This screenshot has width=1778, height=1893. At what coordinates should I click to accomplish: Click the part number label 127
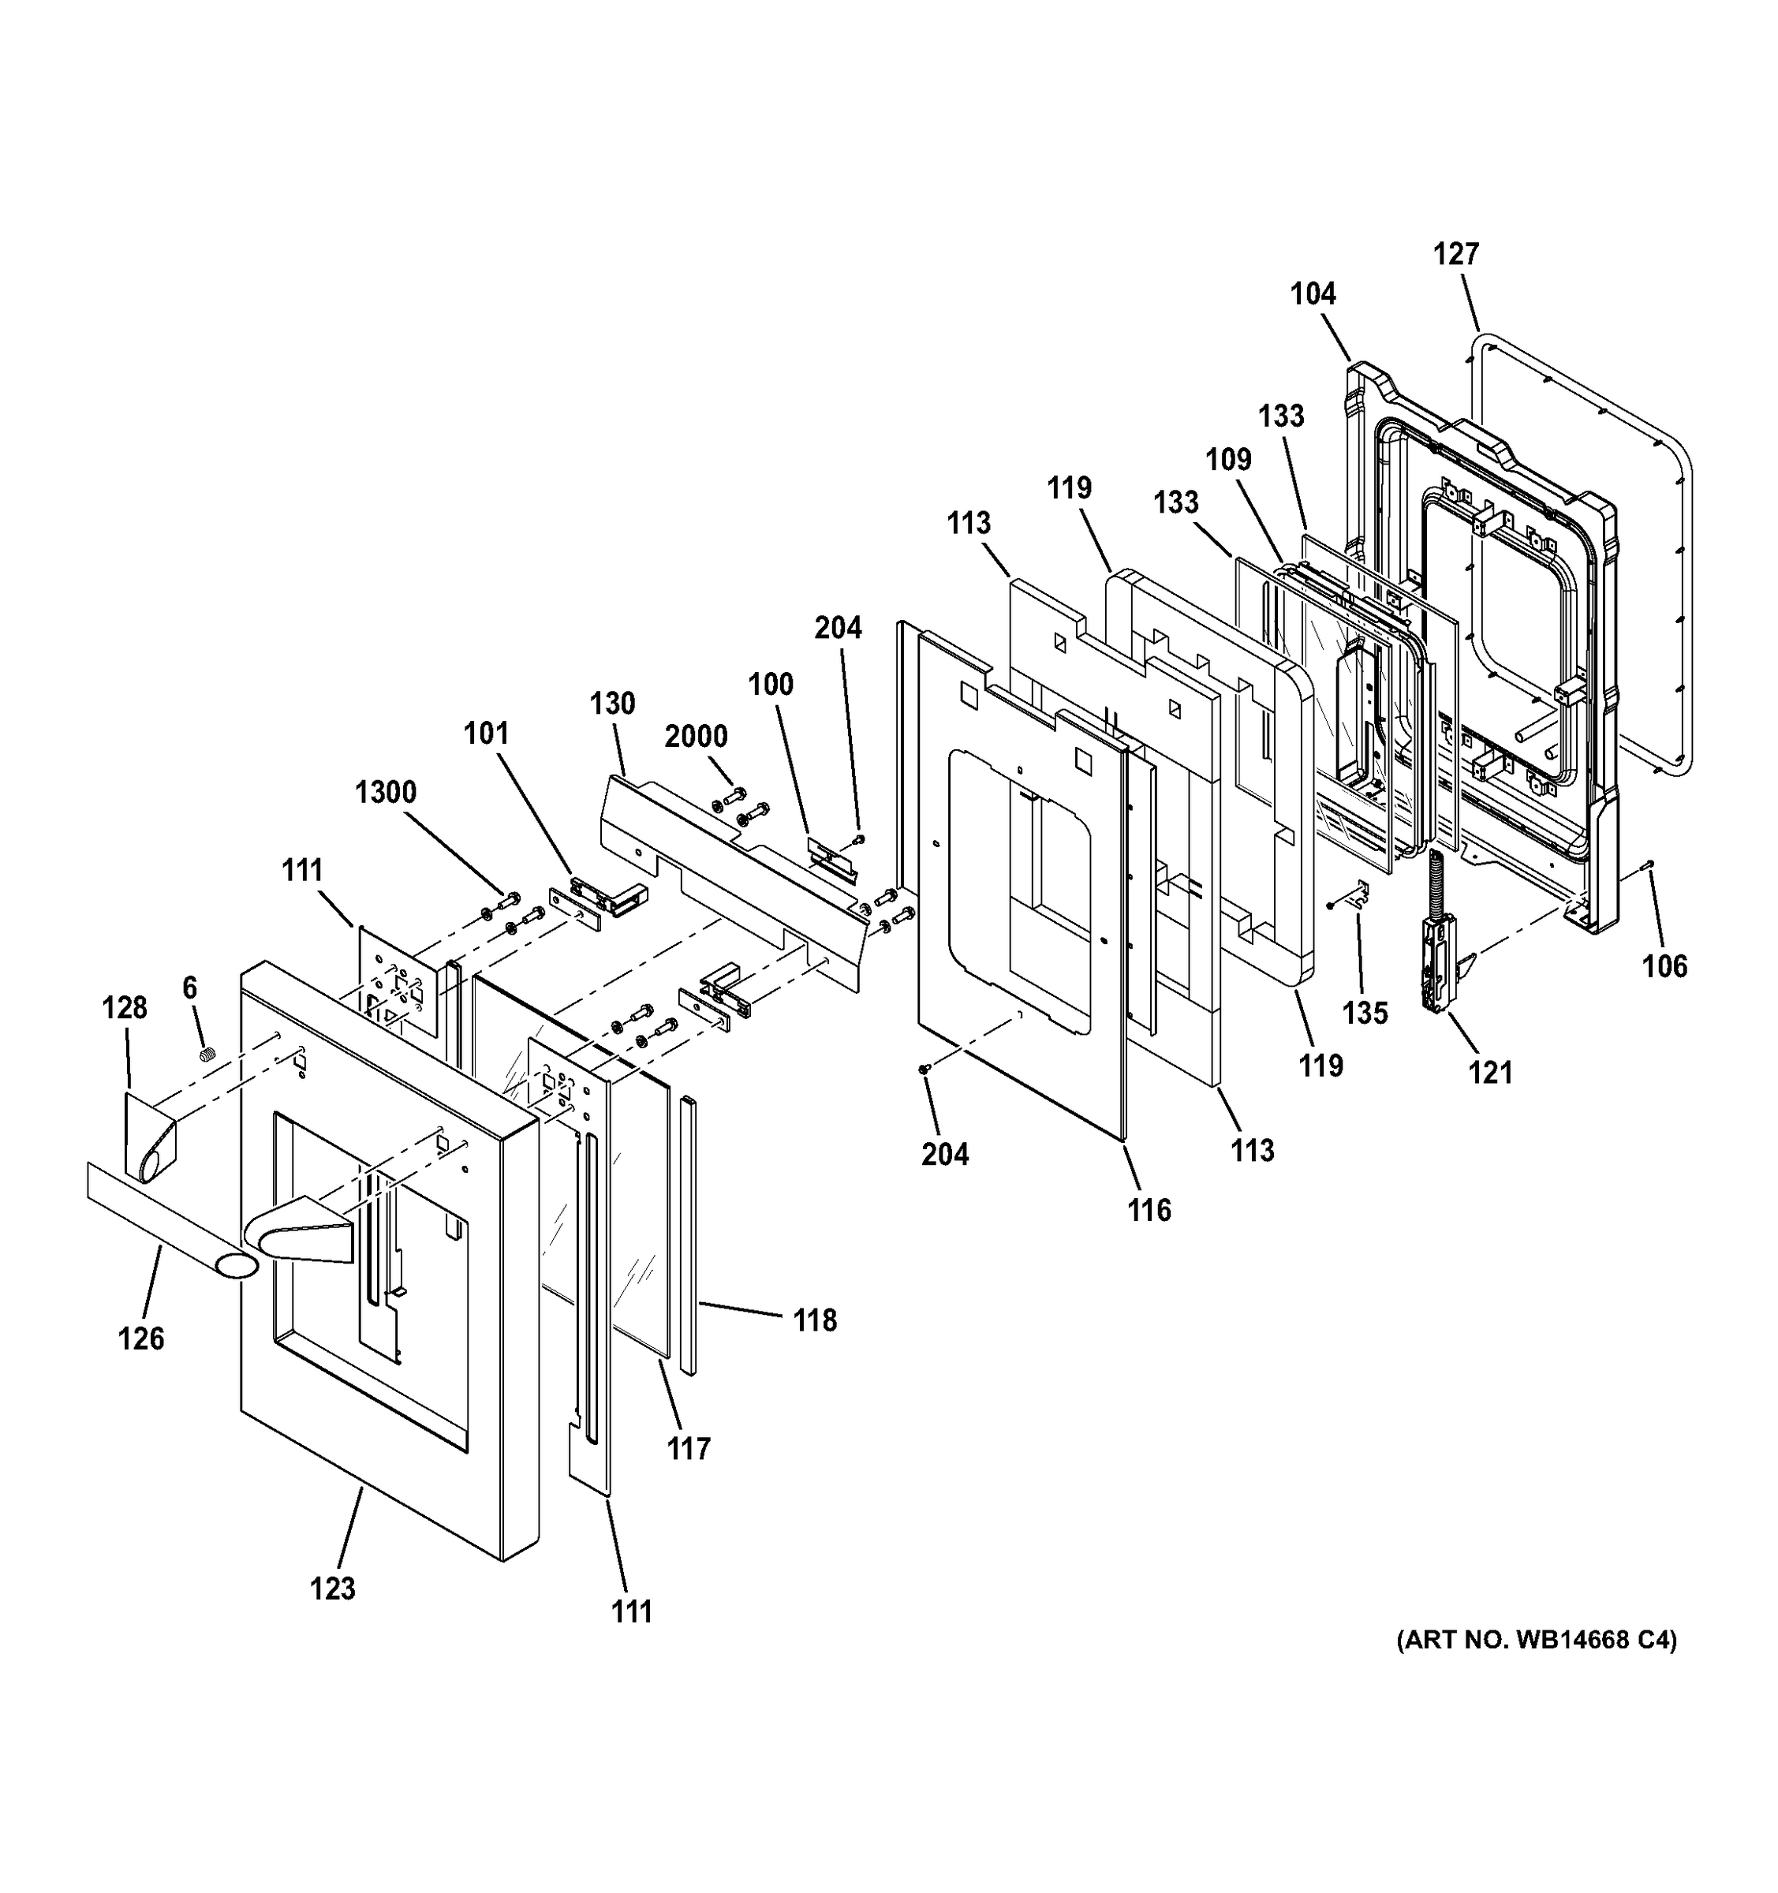[x=1456, y=254]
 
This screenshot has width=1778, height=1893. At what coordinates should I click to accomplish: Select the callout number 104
[x=1313, y=294]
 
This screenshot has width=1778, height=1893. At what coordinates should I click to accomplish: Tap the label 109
[x=1227, y=460]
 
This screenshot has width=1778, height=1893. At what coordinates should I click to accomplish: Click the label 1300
[x=386, y=792]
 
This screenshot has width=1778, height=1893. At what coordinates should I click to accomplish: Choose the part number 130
[x=611, y=704]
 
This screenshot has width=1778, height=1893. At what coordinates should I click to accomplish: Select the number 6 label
[x=189, y=988]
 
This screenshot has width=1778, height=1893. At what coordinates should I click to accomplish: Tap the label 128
[x=125, y=1007]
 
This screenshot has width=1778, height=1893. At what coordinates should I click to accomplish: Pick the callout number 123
[x=332, y=1589]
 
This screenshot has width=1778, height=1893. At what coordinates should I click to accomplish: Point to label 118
[x=815, y=1320]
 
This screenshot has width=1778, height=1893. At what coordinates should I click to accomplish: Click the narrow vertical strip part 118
[x=689, y=1238]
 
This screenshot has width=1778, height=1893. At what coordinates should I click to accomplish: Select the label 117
[x=689, y=1449]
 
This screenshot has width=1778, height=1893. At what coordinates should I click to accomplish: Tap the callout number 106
[x=1664, y=966]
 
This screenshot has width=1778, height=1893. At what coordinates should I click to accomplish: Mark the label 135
[x=1365, y=1012]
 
